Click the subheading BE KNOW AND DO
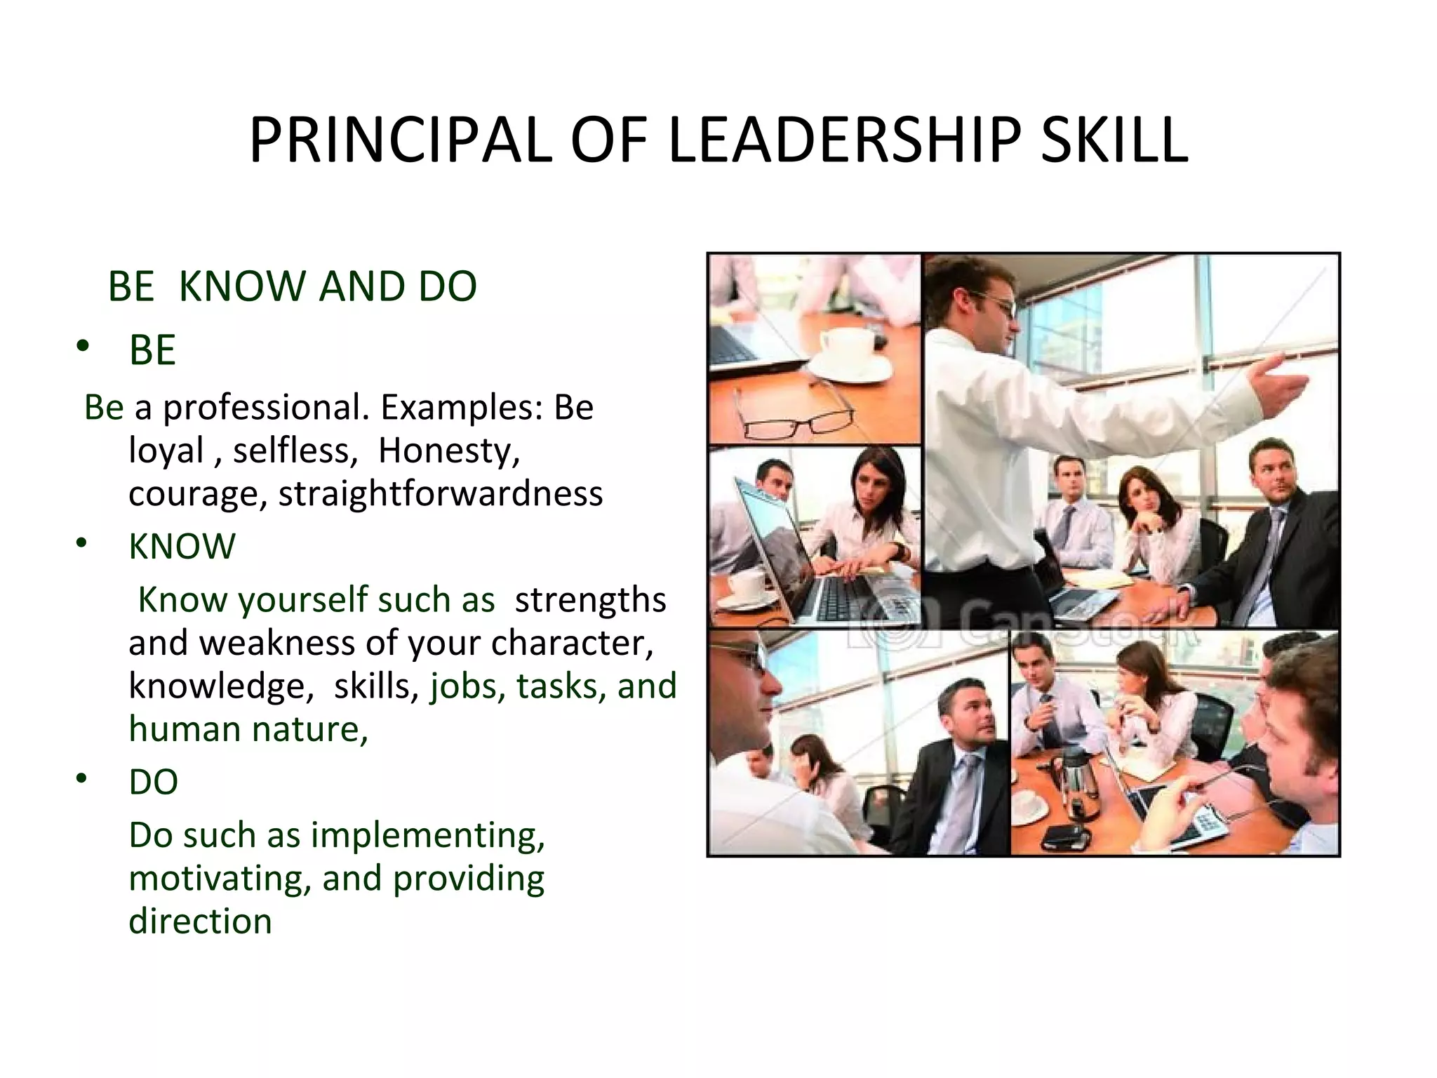click(292, 286)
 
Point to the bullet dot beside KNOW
click(83, 543)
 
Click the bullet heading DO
click(154, 782)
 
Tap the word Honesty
click(449, 451)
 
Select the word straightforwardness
click(441, 493)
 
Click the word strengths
click(590, 600)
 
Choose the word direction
click(201, 921)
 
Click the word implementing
click(428, 835)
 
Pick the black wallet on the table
click(1064, 837)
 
